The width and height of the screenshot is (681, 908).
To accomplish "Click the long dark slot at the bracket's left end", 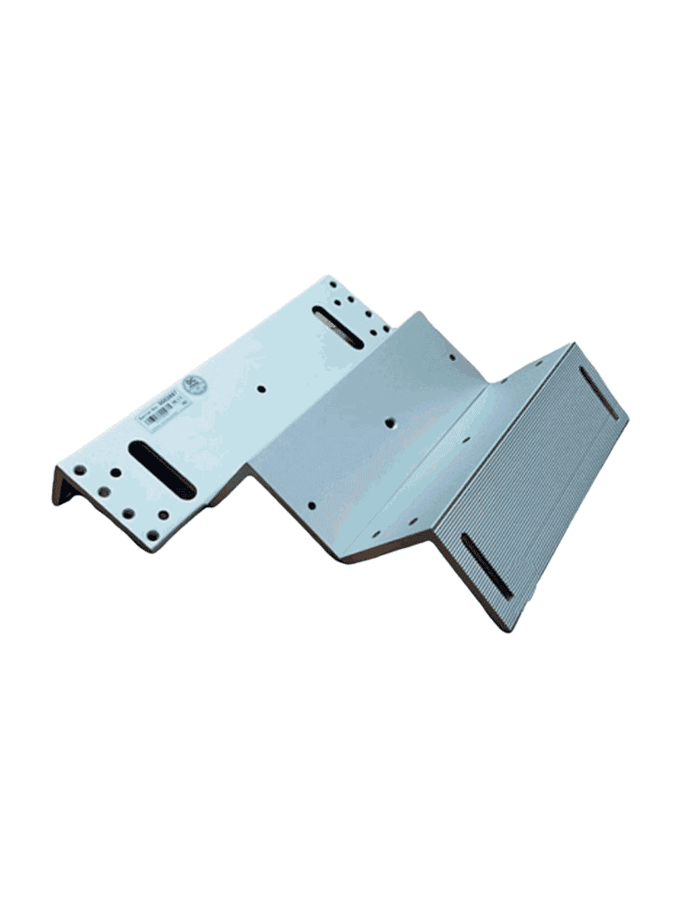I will click(160, 466).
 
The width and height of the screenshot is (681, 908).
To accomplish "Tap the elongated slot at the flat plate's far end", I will click(337, 326).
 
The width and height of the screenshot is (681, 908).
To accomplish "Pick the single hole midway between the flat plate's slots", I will click(262, 388).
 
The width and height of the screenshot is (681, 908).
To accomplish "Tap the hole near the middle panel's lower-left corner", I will click(311, 506).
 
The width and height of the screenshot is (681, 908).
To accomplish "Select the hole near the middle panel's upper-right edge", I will click(451, 358).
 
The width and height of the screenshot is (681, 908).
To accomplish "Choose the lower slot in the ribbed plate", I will click(487, 565).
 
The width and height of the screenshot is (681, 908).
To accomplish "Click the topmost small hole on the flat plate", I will click(331, 285).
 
